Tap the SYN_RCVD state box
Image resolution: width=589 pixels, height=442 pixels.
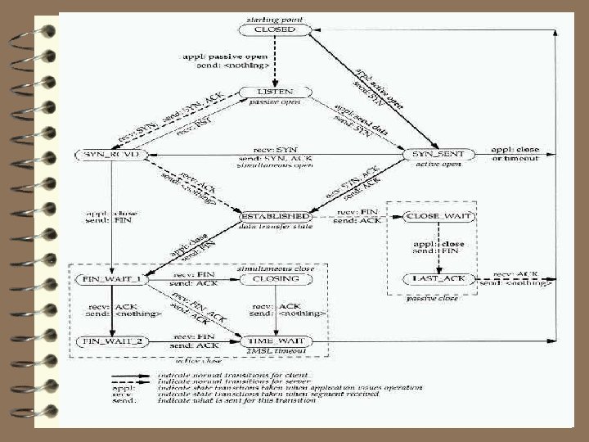tap(110, 154)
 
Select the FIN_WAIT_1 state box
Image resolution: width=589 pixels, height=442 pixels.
tap(110, 279)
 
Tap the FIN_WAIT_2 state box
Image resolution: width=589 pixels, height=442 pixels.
tap(110, 340)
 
